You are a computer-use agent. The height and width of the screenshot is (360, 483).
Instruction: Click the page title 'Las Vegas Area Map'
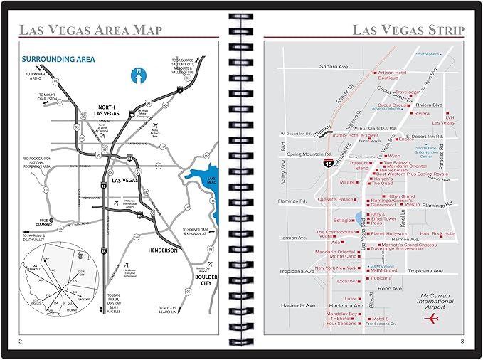click(x=90, y=30)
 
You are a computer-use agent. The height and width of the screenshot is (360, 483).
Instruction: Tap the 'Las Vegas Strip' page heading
click(x=408, y=30)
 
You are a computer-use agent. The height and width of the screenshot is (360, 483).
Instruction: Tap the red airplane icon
click(x=430, y=317)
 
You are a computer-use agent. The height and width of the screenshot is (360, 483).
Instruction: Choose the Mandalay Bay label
click(x=341, y=313)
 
